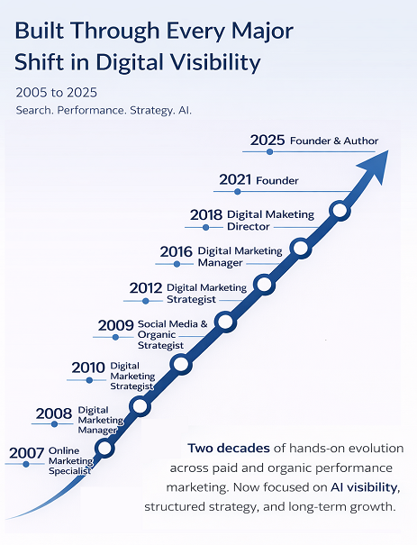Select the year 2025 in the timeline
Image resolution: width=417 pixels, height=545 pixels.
(267, 141)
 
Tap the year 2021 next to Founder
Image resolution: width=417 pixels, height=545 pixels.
(236, 180)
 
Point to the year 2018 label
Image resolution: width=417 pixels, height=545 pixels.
(207, 215)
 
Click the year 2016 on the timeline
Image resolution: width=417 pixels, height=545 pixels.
(177, 251)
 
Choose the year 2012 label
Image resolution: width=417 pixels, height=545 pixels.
(146, 288)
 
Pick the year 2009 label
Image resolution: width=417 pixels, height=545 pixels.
(116, 325)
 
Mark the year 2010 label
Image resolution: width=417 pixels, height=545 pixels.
(88, 368)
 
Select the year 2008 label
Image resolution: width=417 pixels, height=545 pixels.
(53, 414)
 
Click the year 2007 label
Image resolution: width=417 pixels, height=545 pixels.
(26, 452)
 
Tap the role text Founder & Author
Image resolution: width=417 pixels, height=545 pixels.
(334, 141)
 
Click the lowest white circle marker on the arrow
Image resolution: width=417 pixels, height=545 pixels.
(105, 448)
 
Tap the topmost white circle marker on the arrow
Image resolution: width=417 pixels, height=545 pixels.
(339, 211)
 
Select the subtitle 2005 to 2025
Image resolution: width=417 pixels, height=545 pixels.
(56, 92)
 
